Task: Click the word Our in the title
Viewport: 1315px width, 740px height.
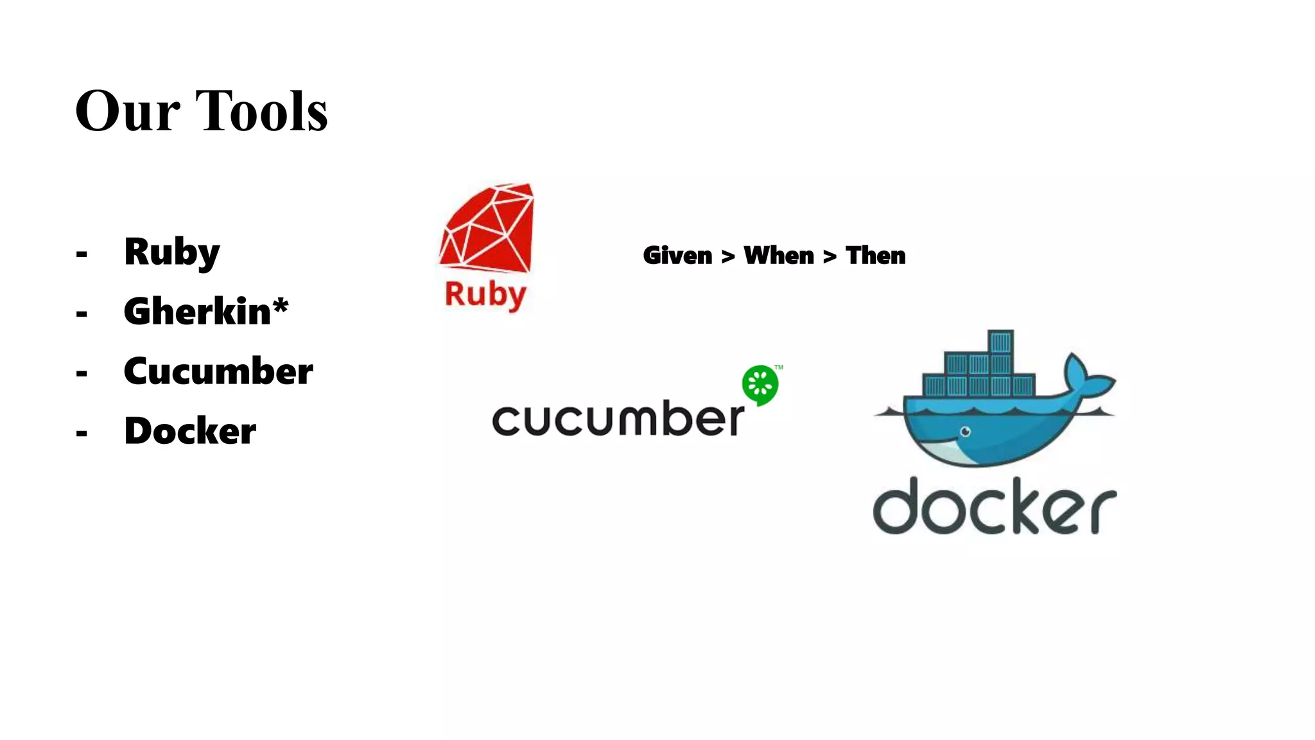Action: pyautogui.click(x=127, y=111)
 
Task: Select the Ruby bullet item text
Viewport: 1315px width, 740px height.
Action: pyautogui.click(x=172, y=252)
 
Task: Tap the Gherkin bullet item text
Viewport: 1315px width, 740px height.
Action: pyautogui.click(x=197, y=312)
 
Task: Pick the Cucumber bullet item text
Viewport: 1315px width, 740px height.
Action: pyautogui.click(x=218, y=371)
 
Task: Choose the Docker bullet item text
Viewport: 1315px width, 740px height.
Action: pyautogui.click(x=190, y=431)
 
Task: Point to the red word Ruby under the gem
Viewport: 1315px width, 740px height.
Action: pyautogui.click(x=485, y=295)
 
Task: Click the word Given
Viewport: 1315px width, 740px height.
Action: pyautogui.click(x=677, y=256)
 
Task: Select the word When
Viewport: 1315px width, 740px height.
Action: pyautogui.click(x=779, y=256)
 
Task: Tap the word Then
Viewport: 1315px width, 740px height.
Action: pyautogui.click(x=875, y=256)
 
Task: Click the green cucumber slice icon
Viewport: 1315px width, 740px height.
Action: pyautogui.click(x=760, y=385)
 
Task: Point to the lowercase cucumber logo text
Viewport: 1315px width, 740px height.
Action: pyautogui.click(x=618, y=419)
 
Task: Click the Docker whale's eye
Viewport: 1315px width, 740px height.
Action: pyautogui.click(x=965, y=432)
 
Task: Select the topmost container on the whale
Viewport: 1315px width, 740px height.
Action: pyautogui.click(x=1000, y=342)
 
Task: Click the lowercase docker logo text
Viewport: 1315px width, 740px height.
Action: pyautogui.click(x=995, y=507)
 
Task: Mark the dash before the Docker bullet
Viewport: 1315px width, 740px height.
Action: pyautogui.click(x=82, y=433)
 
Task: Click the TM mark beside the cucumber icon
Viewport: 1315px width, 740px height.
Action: pyautogui.click(x=779, y=367)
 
